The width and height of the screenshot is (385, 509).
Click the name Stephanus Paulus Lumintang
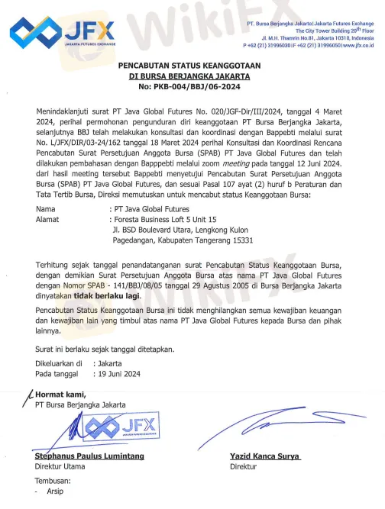coord(89,456)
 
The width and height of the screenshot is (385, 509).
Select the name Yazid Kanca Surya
coord(265,456)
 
